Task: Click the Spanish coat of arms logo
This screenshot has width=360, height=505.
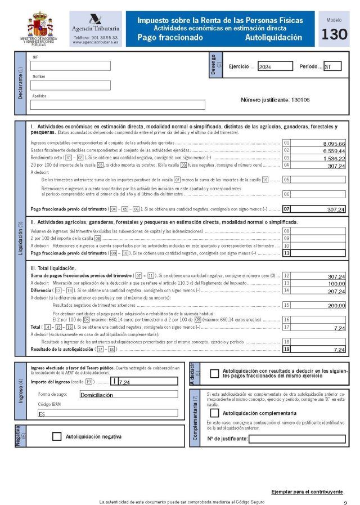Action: tap(38, 26)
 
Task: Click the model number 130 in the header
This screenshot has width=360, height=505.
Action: tap(334, 35)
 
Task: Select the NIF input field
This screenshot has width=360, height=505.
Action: tap(70, 66)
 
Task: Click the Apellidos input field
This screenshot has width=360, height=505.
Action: tap(118, 105)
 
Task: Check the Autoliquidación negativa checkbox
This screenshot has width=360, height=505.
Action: tap(56, 436)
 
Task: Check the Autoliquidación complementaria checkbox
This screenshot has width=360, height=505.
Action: tap(214, 413)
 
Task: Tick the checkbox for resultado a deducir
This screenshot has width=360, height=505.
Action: tap(214, 373)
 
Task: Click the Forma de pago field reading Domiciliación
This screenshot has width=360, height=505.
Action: tap(128, 395)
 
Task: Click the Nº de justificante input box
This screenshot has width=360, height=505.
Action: tap(297, 439)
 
